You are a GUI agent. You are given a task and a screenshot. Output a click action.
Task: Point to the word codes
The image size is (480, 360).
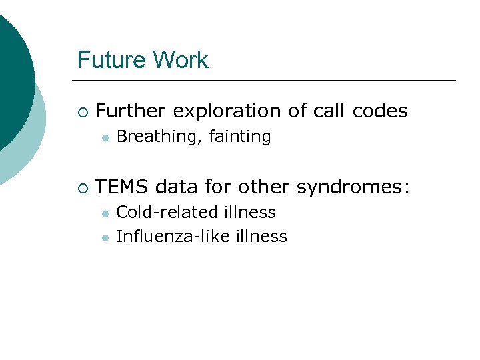(380, 111)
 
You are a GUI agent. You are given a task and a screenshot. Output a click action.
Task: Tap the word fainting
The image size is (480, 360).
(240, 137)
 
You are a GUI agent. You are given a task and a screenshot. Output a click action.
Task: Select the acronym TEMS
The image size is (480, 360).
(123, 187)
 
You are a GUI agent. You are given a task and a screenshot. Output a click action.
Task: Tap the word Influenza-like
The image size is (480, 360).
(173, 236)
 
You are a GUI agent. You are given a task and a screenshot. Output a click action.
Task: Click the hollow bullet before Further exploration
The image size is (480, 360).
(81, 111)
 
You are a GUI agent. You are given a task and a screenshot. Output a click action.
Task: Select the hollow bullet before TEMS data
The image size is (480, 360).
(81, 188)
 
